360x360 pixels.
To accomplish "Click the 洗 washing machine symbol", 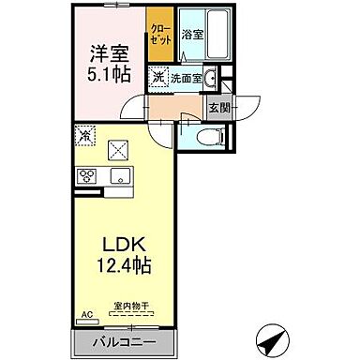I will pos(159,77).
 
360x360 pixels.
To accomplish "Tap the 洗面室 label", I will pos(185,78).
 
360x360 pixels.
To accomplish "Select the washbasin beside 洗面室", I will pos(212,77).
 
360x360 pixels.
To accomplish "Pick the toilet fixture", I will pos(212,137).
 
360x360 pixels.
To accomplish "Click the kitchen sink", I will pos(119,176).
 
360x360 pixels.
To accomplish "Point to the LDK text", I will pos(118,247).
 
